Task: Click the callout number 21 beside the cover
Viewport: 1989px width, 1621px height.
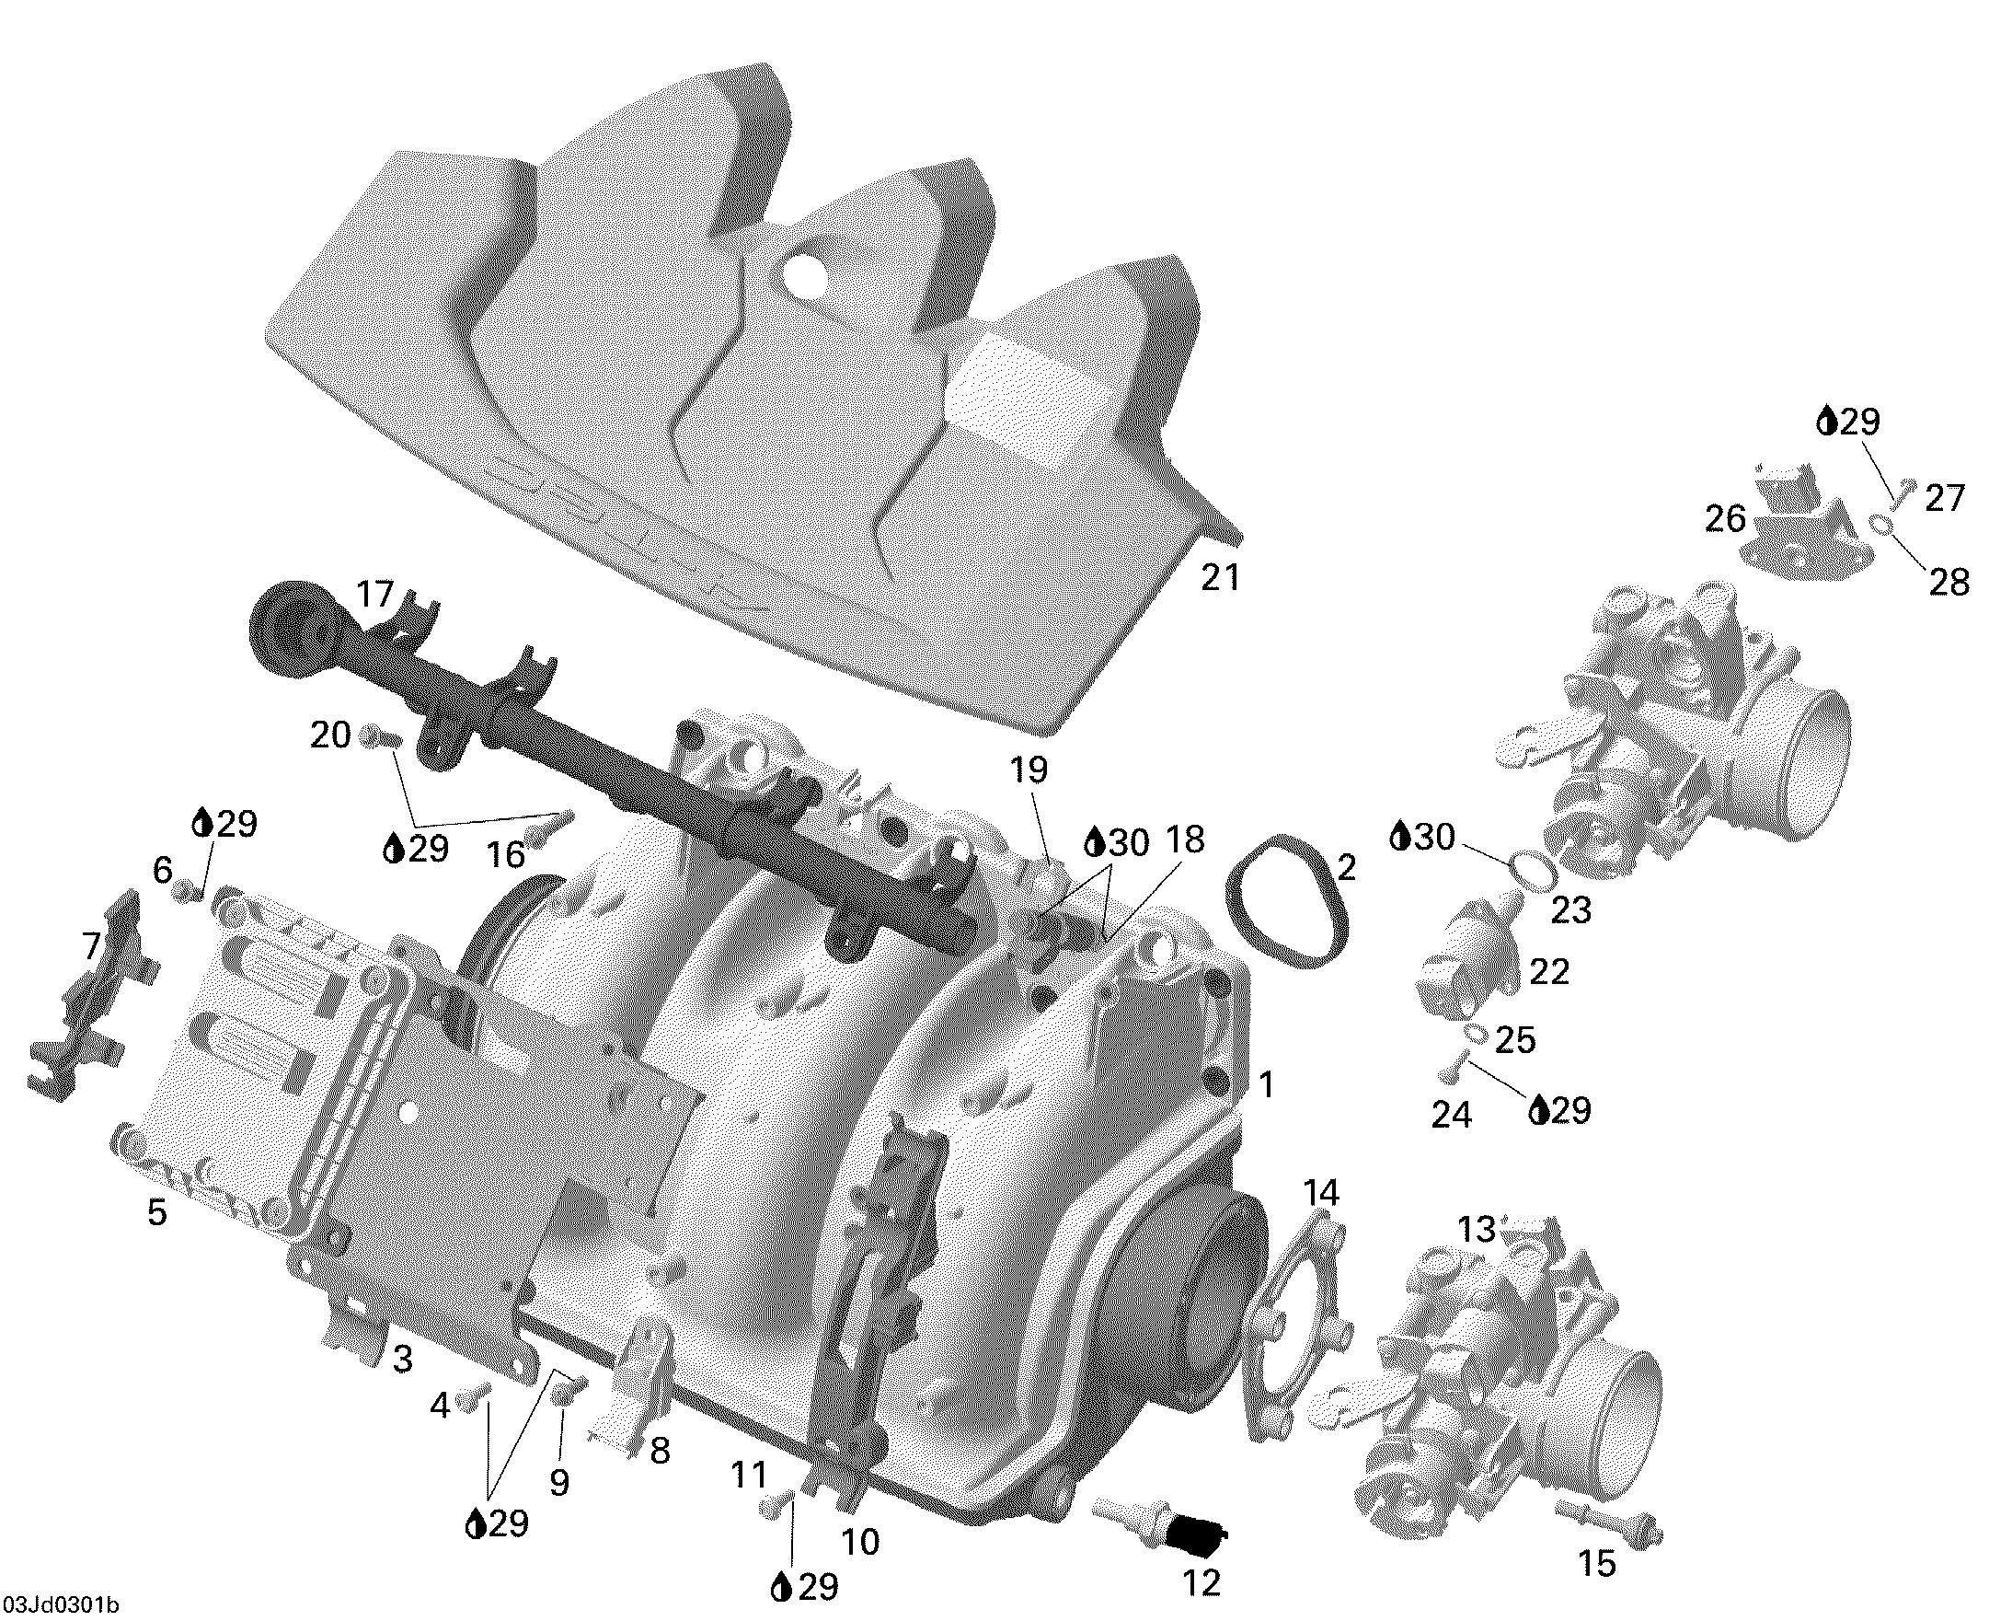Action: pyautogui.click(x=1220, y=578)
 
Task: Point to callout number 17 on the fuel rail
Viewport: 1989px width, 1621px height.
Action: pyautogui.click(x=376, y=594)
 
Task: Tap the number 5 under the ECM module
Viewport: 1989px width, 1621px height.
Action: pyautogui.click(x=156, y=1212)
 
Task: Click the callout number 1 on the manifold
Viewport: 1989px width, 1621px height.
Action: pyautogui.click(x=1267, y=1085)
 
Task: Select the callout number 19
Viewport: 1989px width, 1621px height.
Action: pyautogui.click(x=1029, y=770)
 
